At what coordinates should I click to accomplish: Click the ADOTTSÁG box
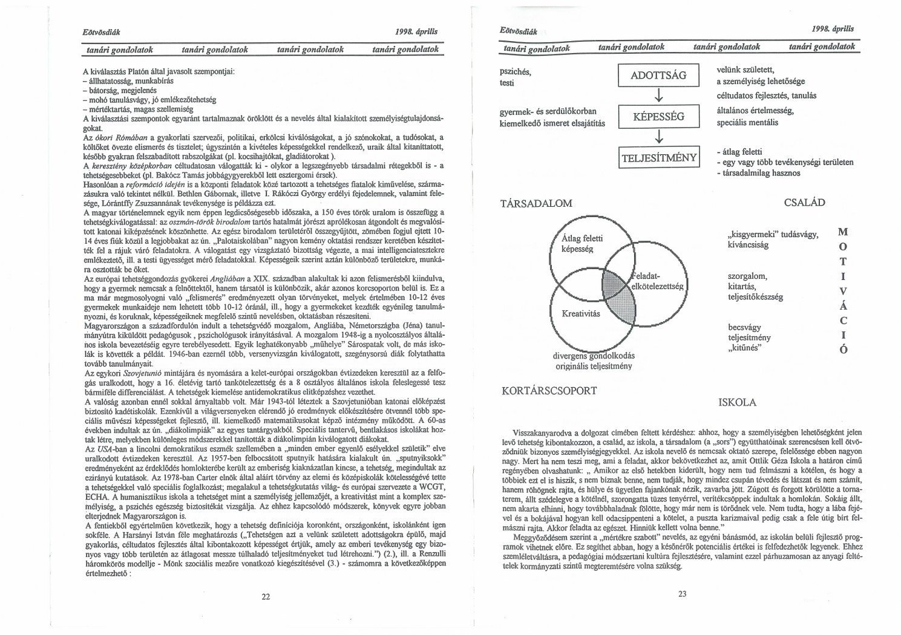coord(658,76)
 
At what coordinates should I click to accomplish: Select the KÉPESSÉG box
coord(658,117)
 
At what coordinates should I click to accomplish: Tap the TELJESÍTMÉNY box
coord(659,158)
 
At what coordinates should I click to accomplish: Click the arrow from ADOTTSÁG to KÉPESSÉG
coord(658,96)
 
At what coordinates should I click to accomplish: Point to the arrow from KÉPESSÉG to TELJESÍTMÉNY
coord(658,138)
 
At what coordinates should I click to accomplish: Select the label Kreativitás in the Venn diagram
coord(580,313)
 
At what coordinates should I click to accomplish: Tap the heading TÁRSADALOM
coord(537,203)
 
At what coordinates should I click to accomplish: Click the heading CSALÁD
coord(804,203)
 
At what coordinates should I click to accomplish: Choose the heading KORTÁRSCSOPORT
coord(549,391)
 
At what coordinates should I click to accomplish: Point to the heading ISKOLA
coord(737,402)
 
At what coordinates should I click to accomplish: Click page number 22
coord(266,596)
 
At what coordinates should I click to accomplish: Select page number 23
coord(683,594)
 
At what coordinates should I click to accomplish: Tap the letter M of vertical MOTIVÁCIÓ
coord(844,232)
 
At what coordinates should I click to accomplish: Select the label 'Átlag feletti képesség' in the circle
coord(582,244)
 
